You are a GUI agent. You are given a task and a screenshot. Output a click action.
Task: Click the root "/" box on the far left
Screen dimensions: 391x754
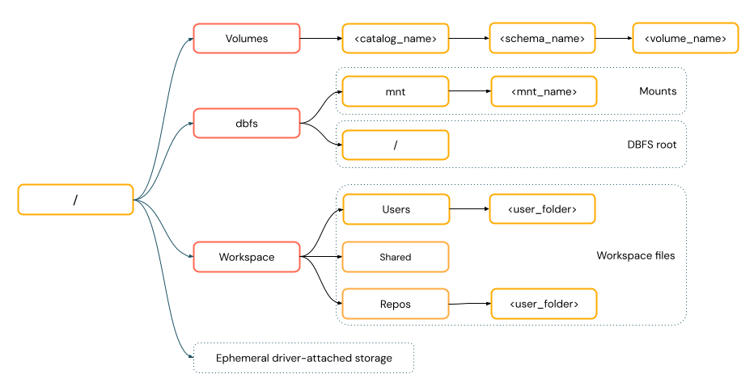pyautogui.click(x=75, y=200)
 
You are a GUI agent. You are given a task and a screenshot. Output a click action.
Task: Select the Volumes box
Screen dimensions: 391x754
pyautogui.click(x=247, y=38)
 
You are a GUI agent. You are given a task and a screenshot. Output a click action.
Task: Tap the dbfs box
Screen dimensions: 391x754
pyautogui.click(x=247, y=124)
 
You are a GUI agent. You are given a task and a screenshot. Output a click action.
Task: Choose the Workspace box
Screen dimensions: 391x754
pyautogui.click(x=247, y=257)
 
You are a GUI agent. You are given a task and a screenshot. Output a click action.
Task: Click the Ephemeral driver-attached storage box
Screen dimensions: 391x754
pyautogui.click(x=303, y=358)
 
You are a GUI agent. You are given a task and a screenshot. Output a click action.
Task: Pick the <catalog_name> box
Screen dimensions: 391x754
pyautogui.click(x=396, y=38)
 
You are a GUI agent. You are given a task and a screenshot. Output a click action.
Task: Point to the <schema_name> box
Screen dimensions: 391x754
pyautogui.click(x=542, y=38)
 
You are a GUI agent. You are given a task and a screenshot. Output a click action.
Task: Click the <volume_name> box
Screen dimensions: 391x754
pyautogui.click(x=685, y=38)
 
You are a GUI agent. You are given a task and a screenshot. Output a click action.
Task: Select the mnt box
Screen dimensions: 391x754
pyautogui.click(x=396, y=91)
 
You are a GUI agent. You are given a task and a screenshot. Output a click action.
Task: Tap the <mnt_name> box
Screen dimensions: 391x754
pyautogui.click(x=544, y=91)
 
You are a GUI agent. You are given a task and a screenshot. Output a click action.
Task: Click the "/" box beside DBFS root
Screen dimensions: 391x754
pyautogui.click(x=396, y=145)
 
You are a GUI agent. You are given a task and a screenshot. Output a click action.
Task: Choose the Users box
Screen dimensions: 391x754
pyautogui.click(x=396, y=209)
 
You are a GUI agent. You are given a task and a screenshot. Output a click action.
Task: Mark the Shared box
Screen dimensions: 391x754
pyautogui.click(x=396, y=257)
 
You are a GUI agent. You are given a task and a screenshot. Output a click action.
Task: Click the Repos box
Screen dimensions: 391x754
pyautogui.click(x=396, y=304)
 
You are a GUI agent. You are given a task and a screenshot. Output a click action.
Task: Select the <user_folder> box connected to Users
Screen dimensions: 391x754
pyautogui.click(x=543, y=209)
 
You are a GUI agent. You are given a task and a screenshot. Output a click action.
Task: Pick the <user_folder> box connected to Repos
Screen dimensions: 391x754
pyautogui.click(x=543, y=304)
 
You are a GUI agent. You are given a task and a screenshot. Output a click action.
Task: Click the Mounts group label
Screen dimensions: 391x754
pyautogui.click(x=657, y=91)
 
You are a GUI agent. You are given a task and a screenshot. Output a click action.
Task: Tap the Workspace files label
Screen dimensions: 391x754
pyautogui.click(x=635, y=255)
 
